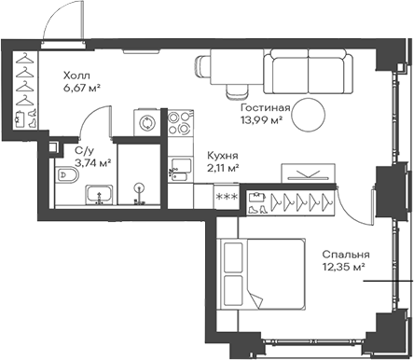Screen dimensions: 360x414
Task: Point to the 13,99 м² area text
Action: (264, 121)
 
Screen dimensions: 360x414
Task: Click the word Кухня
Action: (222, 156)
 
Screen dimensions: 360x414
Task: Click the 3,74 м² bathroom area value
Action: (92, 162)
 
